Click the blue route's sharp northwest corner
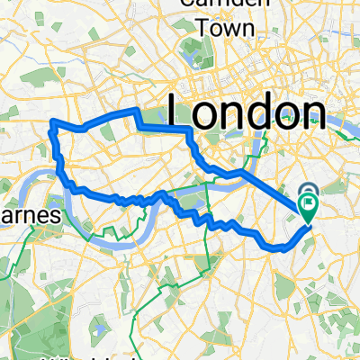click(x=50, y=121)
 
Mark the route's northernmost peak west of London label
click(x=136, y=109)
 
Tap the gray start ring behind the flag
click(x=309, y=192)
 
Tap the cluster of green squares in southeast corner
click(x=333, y=306)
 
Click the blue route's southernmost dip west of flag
click(x=268, y=246)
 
